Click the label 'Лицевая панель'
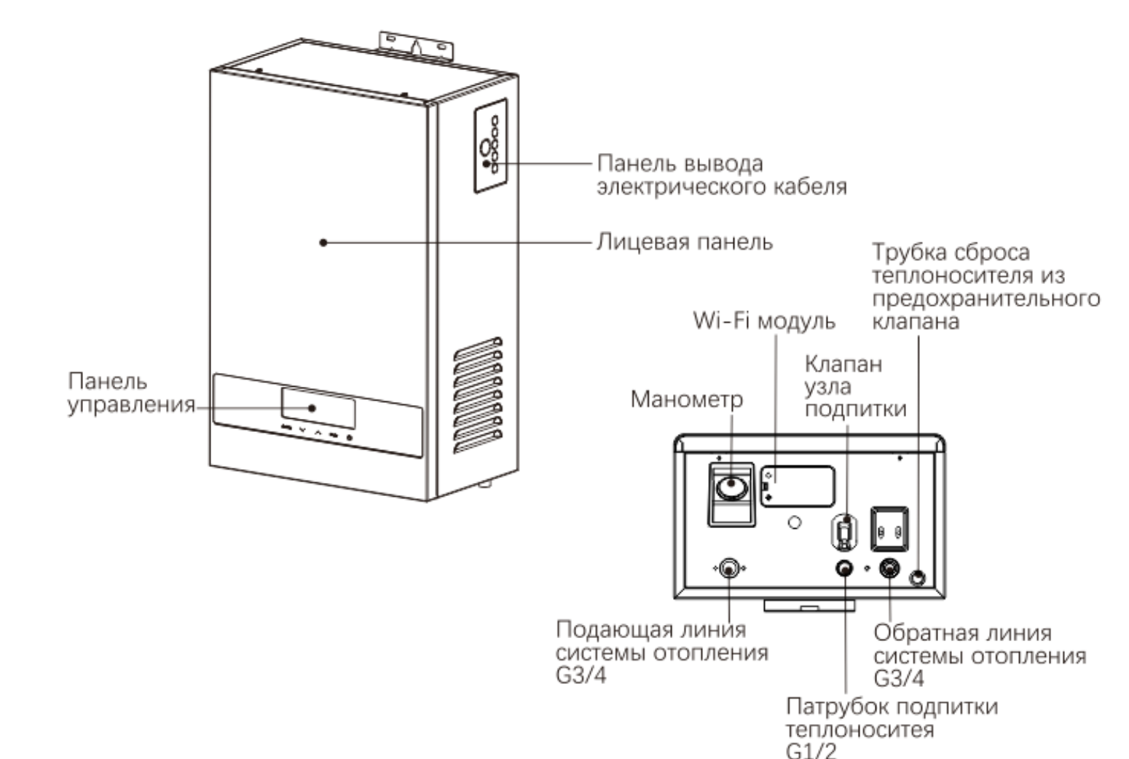pos(685,243)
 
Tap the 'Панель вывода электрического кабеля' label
pos(722,175)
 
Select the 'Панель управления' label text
pos(131,393)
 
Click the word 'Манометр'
pos(687,400)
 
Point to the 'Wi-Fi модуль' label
pos(764,320)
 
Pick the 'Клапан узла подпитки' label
pos(855,387)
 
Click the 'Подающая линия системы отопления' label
pos(662,652)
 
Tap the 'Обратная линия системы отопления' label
pos(980,656)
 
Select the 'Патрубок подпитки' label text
pos(892,707)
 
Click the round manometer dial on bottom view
pos(731,488)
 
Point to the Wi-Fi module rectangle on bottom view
pos(798,487)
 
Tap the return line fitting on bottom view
pos(889,568)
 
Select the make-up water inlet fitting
pos(845,568)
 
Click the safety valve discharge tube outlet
pos(918,577)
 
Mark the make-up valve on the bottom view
pos(844,531)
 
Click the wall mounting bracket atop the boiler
pos(417,45)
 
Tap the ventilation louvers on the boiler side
pos(478,396)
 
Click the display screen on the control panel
pos(318,408)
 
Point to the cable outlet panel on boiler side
pos(491,146)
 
